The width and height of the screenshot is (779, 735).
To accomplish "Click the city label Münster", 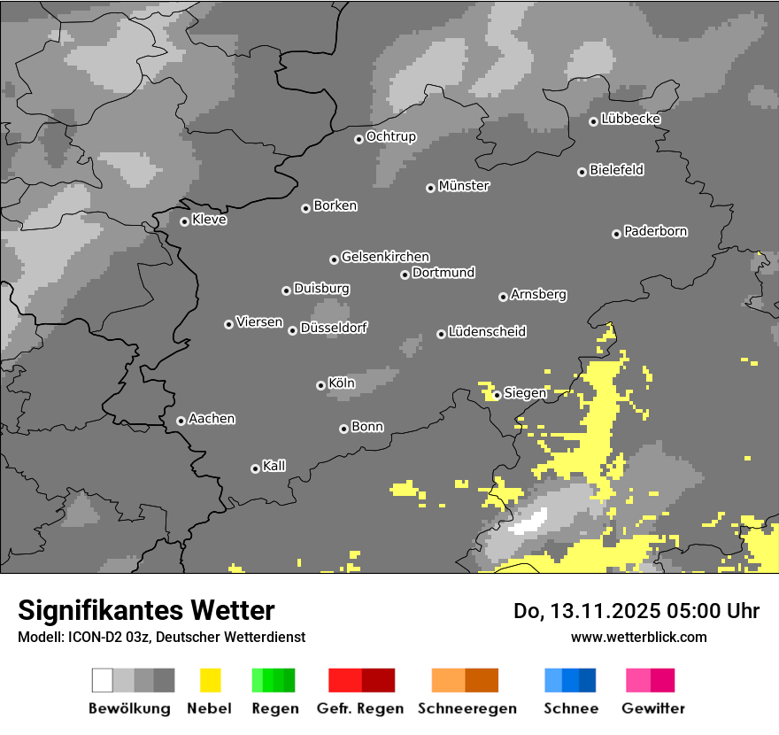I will pos(464,186).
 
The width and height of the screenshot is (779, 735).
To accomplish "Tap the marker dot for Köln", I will pos(320,385).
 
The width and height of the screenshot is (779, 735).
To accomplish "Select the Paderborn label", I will pos(656,231).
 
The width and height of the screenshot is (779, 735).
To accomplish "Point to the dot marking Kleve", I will pos(184,221).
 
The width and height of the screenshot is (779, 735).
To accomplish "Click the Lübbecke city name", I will pos(631,119).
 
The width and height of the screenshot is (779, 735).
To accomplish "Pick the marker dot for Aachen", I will pos(181,421).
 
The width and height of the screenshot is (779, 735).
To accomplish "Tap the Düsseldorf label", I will pos(334,328).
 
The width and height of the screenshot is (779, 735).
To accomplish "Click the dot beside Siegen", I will pos(497,395).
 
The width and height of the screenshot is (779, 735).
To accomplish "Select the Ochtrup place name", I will pos(391,136).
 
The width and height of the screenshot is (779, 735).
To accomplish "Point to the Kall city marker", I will pos(255,468).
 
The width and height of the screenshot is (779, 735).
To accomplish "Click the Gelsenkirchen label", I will pos(385,257).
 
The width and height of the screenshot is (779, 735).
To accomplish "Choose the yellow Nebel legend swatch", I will pos(210,680).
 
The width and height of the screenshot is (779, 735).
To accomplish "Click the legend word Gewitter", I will pos(653,708).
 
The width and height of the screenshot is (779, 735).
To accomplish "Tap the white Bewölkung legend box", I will pos(103,680).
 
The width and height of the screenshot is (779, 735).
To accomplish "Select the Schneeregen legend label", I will pos(467,708).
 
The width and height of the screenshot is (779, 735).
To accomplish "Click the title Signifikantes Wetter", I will pos(146,610).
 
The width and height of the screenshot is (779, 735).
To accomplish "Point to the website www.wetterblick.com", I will pos(639,637).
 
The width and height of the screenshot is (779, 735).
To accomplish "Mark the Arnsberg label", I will pos(538,294).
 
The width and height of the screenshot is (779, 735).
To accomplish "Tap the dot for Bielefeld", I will pos(582,172).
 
